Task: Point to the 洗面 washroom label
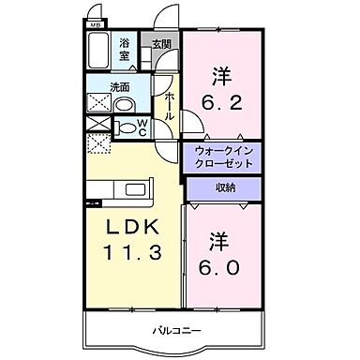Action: point(119,88)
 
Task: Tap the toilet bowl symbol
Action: point(126,127)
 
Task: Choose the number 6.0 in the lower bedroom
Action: point(222,267)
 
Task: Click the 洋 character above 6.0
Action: point(221,240)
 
